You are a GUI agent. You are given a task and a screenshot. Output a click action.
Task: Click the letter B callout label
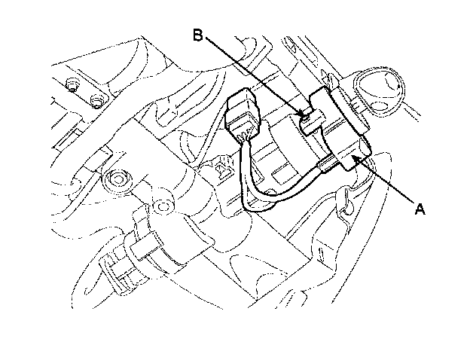click(x=198, y=35)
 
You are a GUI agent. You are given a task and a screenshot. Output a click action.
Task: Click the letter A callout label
click(x=420, y=209)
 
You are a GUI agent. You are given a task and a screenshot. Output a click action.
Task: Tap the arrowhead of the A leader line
click(x=356, y=157)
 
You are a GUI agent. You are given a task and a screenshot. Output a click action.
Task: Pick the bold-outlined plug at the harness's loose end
click(x=243, y=114)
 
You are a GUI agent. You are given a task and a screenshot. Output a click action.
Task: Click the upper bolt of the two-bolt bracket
click(x=72, y=84)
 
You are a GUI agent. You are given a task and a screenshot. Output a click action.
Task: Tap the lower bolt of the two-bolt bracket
click(x=97, y=101)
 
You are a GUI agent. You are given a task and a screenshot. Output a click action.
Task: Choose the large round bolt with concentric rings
click(x=117, y=180)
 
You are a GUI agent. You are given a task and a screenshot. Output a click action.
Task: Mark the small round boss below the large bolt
click(x=163, y=206)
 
